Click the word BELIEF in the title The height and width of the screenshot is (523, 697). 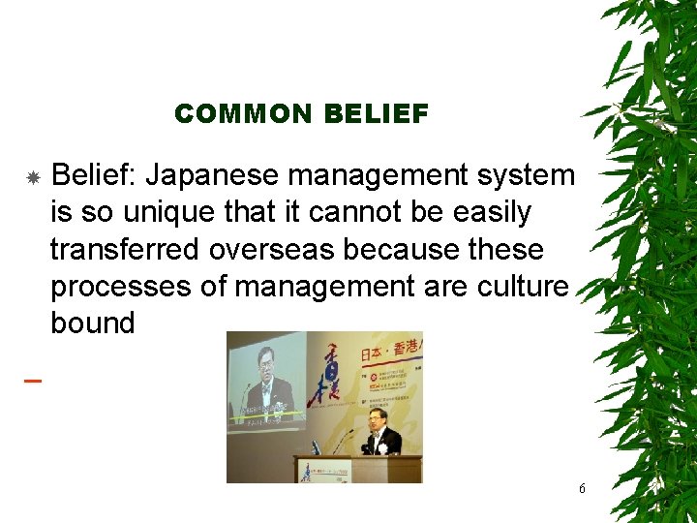coord(377,114)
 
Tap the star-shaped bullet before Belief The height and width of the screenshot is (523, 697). coord(32,178)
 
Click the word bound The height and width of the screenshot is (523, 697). coord(92,323)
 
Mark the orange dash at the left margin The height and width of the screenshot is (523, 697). coord(32,381)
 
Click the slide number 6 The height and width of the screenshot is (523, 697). coord(582,489)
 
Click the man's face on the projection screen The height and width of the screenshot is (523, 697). coord(267,365)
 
